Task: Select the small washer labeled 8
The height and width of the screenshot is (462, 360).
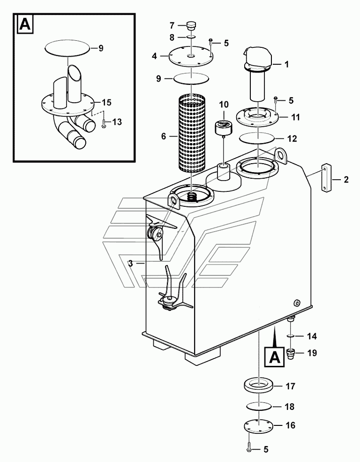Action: coord(191,37)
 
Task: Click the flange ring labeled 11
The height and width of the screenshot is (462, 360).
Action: coord(257,117)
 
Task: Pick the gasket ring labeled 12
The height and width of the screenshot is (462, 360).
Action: coord(257,138)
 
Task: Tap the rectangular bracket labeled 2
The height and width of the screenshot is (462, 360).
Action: coord(326,179)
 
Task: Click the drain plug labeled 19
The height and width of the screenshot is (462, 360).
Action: coord(291,353)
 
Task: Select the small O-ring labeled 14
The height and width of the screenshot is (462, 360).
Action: coord(291,336)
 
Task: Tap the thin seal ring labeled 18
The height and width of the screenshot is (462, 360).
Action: coord(259,407)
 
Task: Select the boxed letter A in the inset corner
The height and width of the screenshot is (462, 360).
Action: coord(25,25)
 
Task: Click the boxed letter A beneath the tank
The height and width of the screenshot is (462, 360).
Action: coord(275,357)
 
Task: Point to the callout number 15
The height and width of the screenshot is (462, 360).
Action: coord(107,103)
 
